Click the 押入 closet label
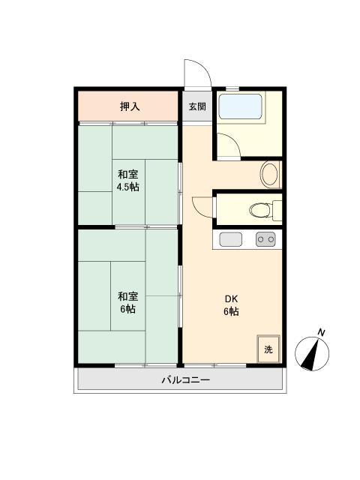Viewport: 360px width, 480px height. pyautogui.click(x=130, y=106)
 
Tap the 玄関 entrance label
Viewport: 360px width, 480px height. pyautogui.click(x=196, y=106)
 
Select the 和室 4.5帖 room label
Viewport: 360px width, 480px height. pyautogui.click(x=127, y=180)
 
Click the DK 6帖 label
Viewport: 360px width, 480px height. pyautogui.click(x=230, y=304)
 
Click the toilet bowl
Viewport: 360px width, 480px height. pyautogui.click(x=259, y=209)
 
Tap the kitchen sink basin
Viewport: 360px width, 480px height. pyautogui.click(x=230, y=240)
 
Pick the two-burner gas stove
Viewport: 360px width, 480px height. pyautogui.click(x=265, y=240)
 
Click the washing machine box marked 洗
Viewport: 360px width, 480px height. pyautogui.click(x=268, y=349)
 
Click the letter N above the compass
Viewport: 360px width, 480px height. pyautogui.click(x=321, y=331)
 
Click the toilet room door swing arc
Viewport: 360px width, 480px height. pyautogui.click(x=202, y=206)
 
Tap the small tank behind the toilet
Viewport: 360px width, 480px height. pyautogui.click(x=278, y=209)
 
